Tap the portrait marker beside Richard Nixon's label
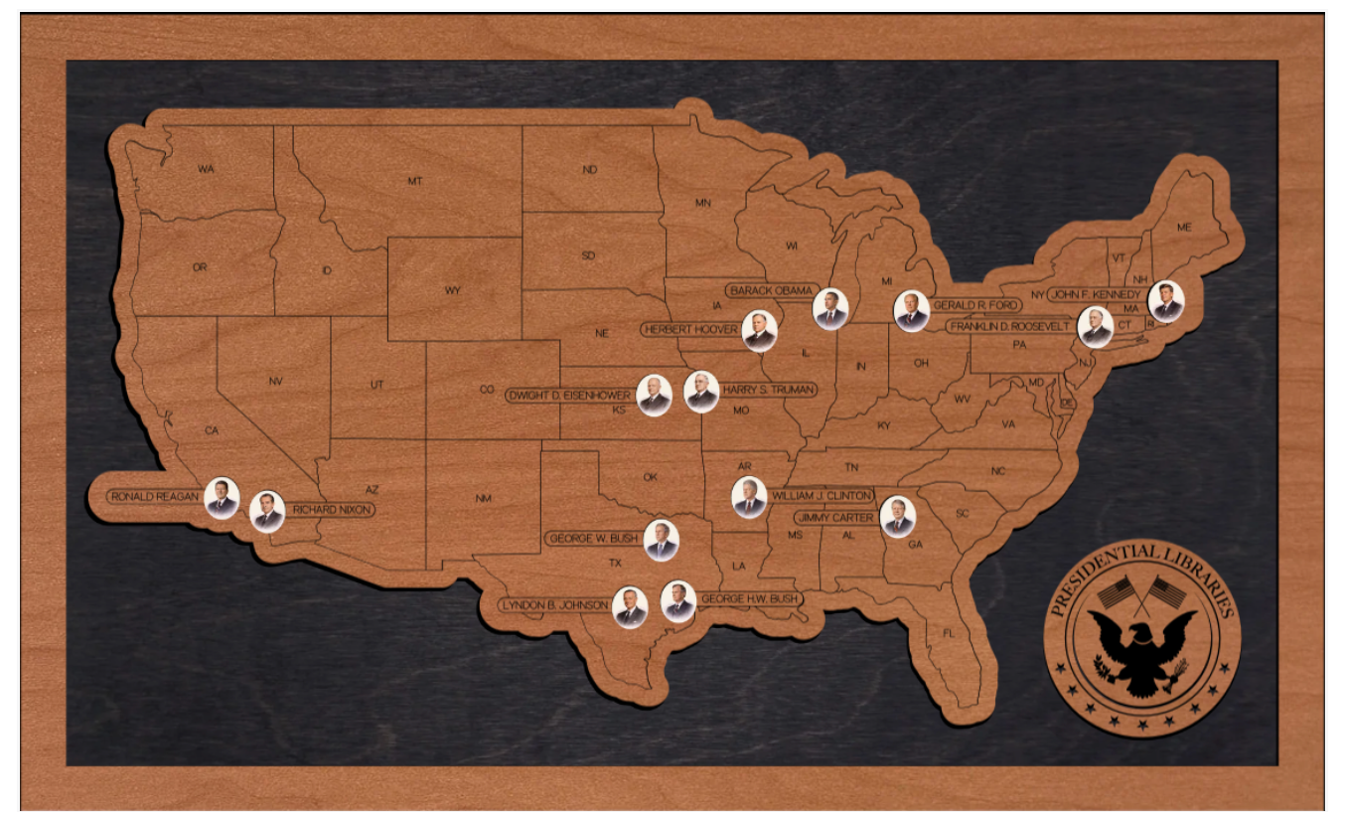[267, 511]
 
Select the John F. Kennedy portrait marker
[1166, 301]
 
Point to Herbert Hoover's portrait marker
[759, 331]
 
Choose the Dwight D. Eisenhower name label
[568, 395]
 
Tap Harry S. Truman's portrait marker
[701, 393]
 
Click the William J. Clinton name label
[822, 495]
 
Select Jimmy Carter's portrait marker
[898, 517]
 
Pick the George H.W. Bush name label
[749, 599]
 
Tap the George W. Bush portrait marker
[661, 541]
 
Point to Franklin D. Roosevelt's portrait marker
[1095, 327]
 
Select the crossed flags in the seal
[1142, 593]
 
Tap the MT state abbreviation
[414, 181]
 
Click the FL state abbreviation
[948, 633]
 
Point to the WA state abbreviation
[206, 169]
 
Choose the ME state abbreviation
[1183, 227]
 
